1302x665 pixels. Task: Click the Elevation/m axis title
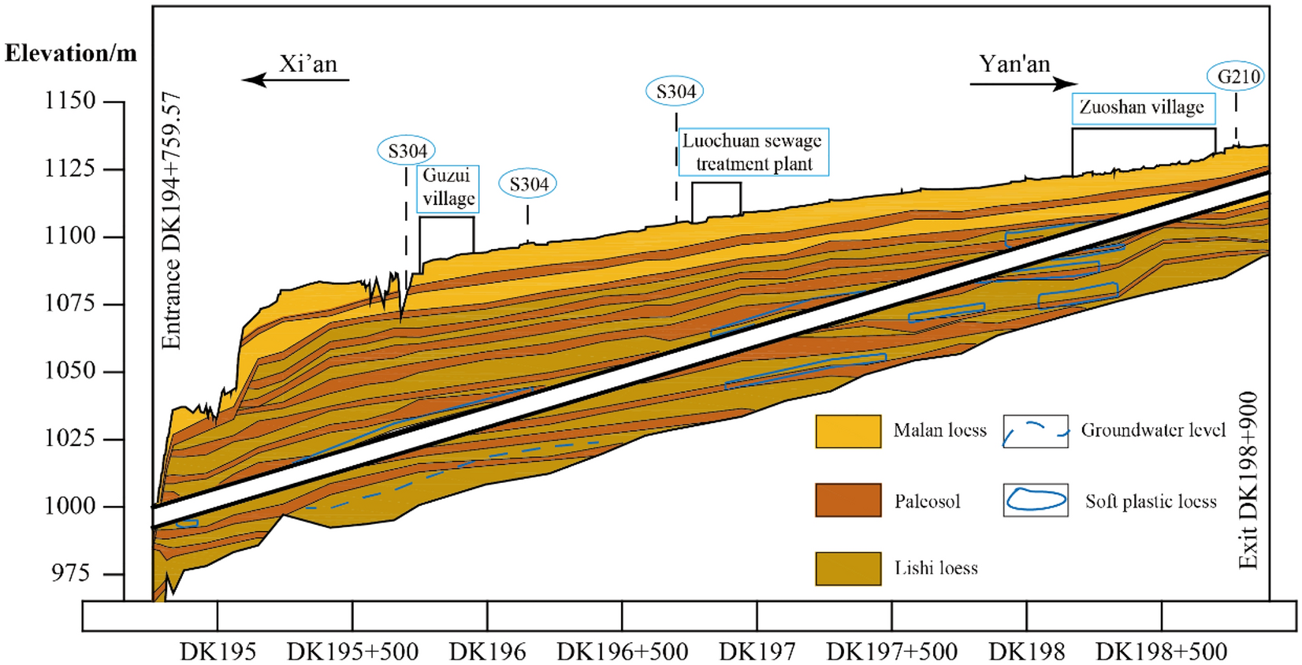point(71,54)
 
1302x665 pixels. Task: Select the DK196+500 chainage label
point(622,652)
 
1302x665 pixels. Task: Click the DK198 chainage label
point(1026,652)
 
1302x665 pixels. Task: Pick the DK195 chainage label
point(218,652)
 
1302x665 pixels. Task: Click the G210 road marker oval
point(1235,76)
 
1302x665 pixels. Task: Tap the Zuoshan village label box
point(1141,108)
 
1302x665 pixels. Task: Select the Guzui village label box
point(448,188)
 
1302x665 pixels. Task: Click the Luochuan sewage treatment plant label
point(753,152)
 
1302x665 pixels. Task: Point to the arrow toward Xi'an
point(295,80)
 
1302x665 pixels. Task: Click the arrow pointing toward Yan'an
point(1023,84)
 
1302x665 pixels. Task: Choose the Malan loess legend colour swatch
point(848,432)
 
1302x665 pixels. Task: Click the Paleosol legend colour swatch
point(848,500)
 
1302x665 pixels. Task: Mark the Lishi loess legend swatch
point(848,568)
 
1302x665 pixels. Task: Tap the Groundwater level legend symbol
point(1036,432)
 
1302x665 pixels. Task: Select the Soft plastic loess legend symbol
point(1036,500)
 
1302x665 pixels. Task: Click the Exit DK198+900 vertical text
point(1248,481)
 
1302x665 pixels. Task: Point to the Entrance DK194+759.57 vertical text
point(172,221)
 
